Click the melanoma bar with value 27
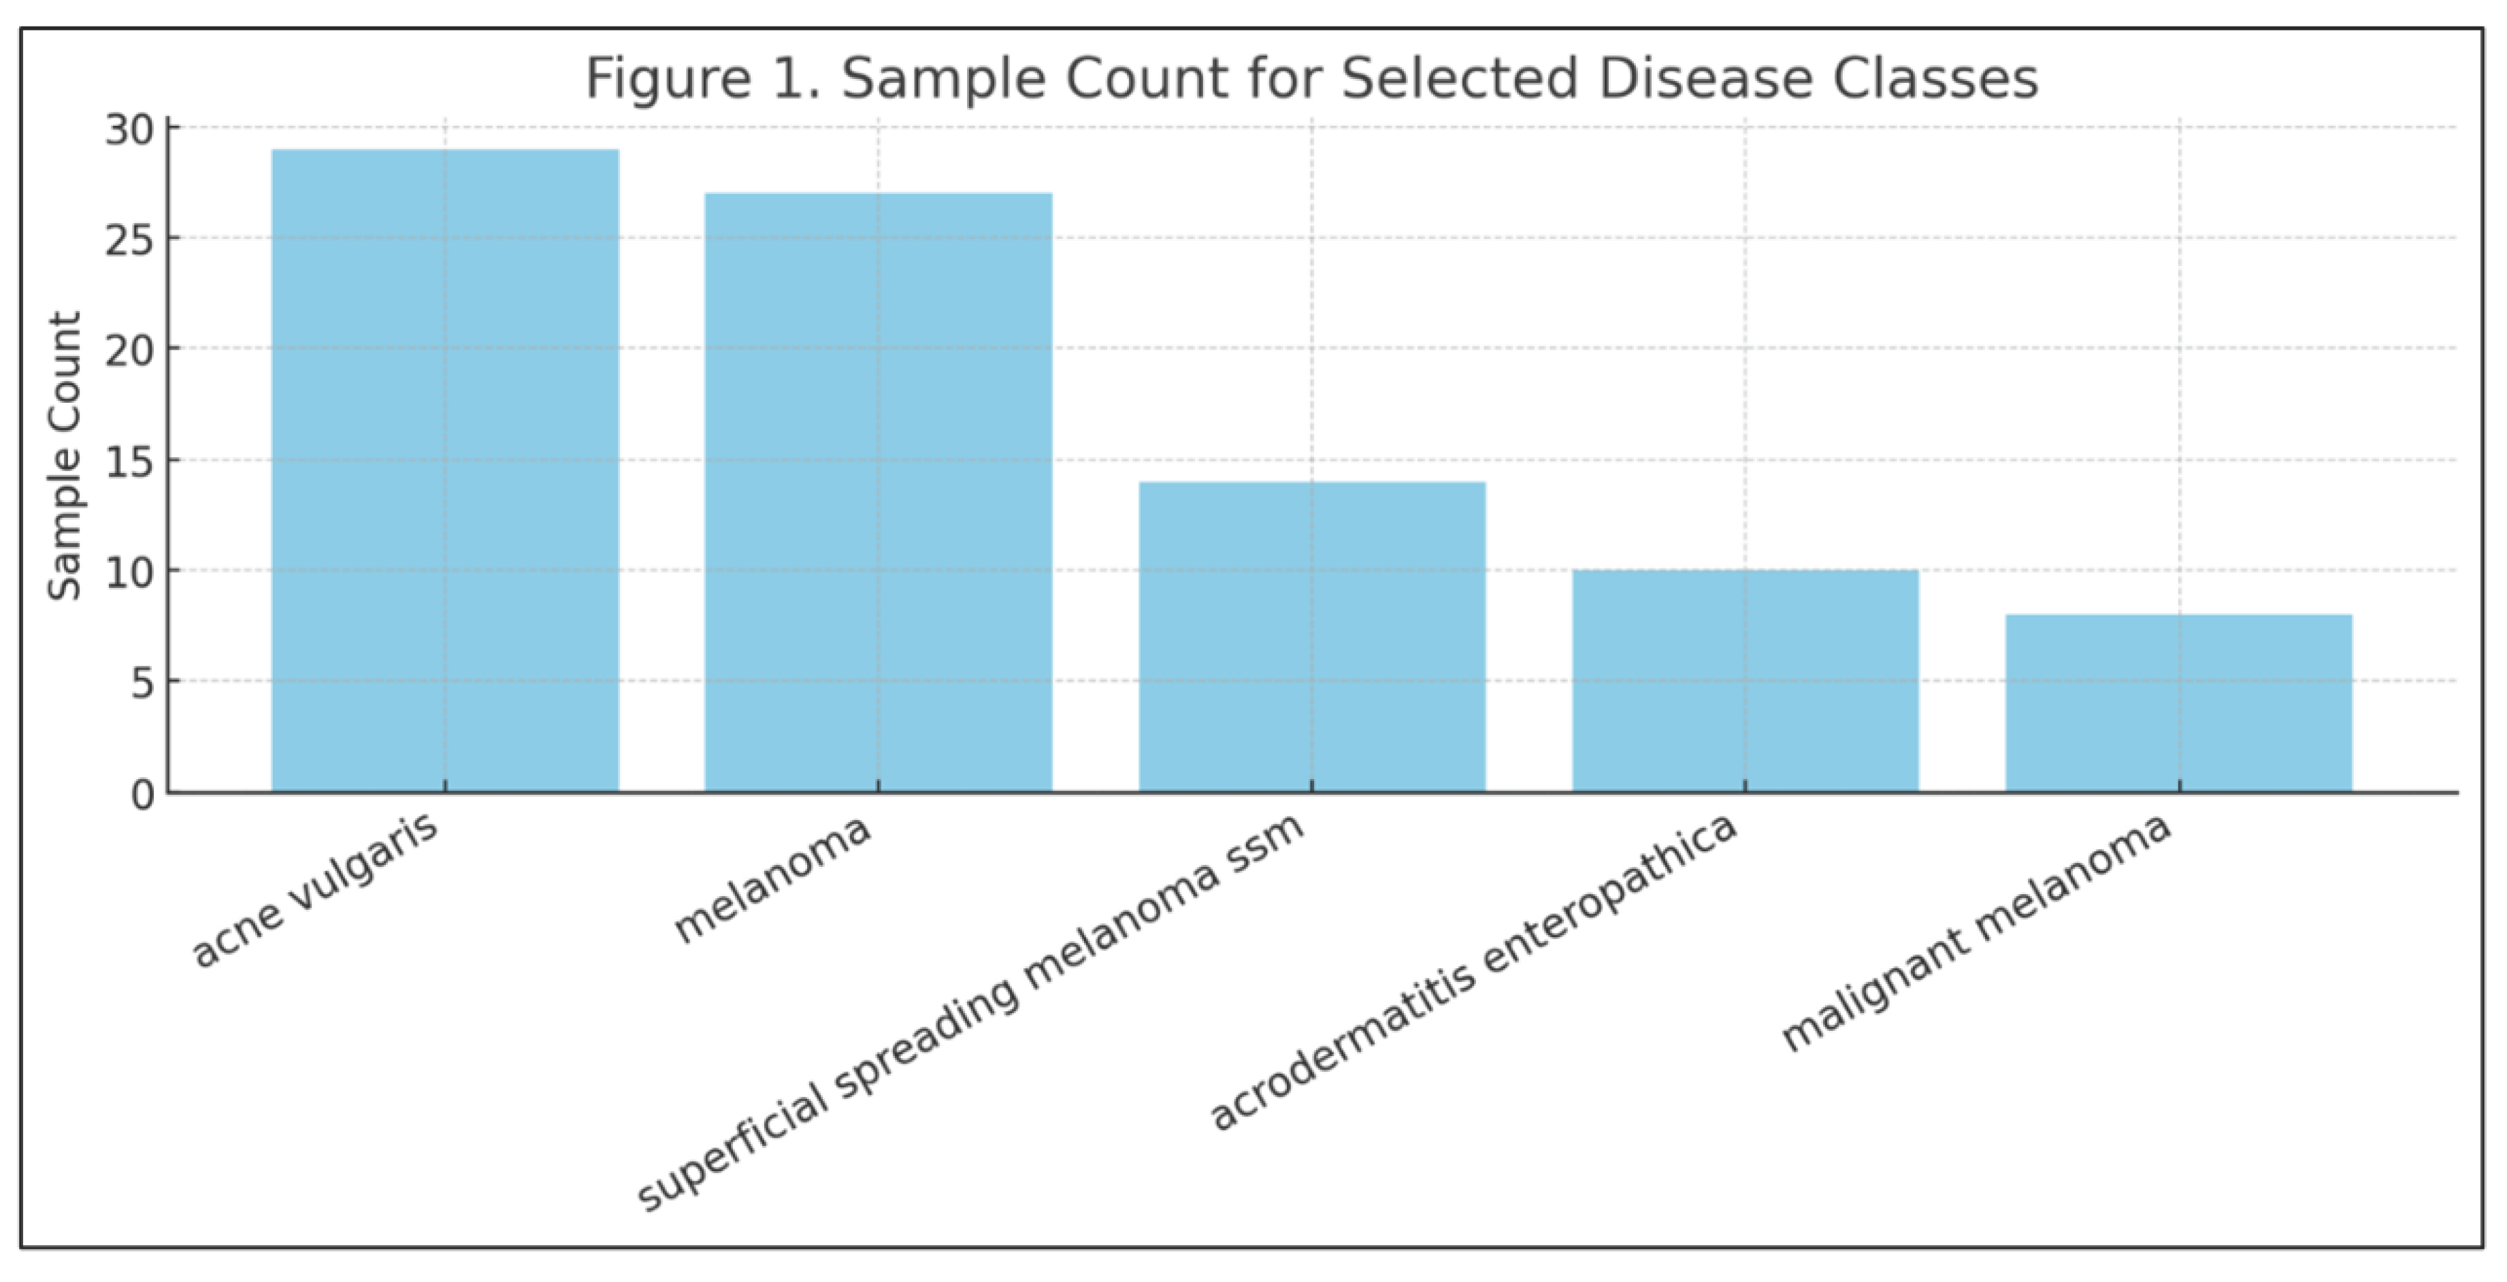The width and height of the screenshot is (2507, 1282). (x=878, y=493)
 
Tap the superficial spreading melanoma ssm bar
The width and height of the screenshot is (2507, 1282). (x=1312, y=637)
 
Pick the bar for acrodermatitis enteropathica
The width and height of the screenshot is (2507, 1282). (x=1745, y=680)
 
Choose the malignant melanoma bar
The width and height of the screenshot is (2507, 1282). (x=2179, y=703)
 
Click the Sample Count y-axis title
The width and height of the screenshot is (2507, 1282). (x=64, y=455)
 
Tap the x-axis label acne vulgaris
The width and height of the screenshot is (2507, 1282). (x=314, y=891)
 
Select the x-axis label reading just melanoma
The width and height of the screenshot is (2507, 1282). (x=771, y=879)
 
